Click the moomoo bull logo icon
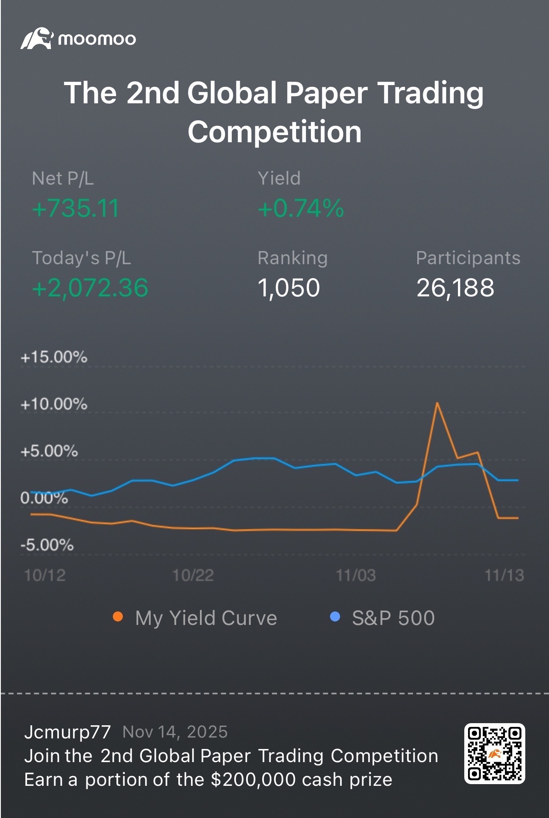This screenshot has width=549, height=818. click(x=37, y=39)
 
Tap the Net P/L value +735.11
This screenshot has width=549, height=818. click(x=75, y=208)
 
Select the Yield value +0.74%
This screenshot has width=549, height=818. click(x=301, y=208)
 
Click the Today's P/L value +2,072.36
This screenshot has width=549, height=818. click(x=90, y=288)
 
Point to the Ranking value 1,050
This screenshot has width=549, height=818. click(x=288, y=288)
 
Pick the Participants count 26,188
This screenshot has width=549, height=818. click(x=455, y=288)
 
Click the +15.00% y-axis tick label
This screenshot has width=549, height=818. click(x=54, y=357)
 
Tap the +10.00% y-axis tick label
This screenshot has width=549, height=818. click(x=54, y=404)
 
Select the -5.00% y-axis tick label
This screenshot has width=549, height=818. click(x=47, y=545)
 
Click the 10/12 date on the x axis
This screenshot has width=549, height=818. click(x=45, y=575)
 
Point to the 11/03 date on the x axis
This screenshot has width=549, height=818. click(x=355, y=575)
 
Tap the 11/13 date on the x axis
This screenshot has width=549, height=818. click(x=504, y=575)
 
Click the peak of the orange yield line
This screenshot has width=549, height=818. click(x=437, y=403)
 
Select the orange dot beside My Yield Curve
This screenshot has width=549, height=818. click(x=118, y=617)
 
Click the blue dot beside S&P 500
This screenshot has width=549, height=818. click(x=335, y=617)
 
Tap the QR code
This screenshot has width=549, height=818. click(x=494, y=754)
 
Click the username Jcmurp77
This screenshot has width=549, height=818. click(x=68, y=732)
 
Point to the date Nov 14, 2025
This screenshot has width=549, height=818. click(x=175, y=732)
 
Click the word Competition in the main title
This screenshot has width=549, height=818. click(x=274, y=132)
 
